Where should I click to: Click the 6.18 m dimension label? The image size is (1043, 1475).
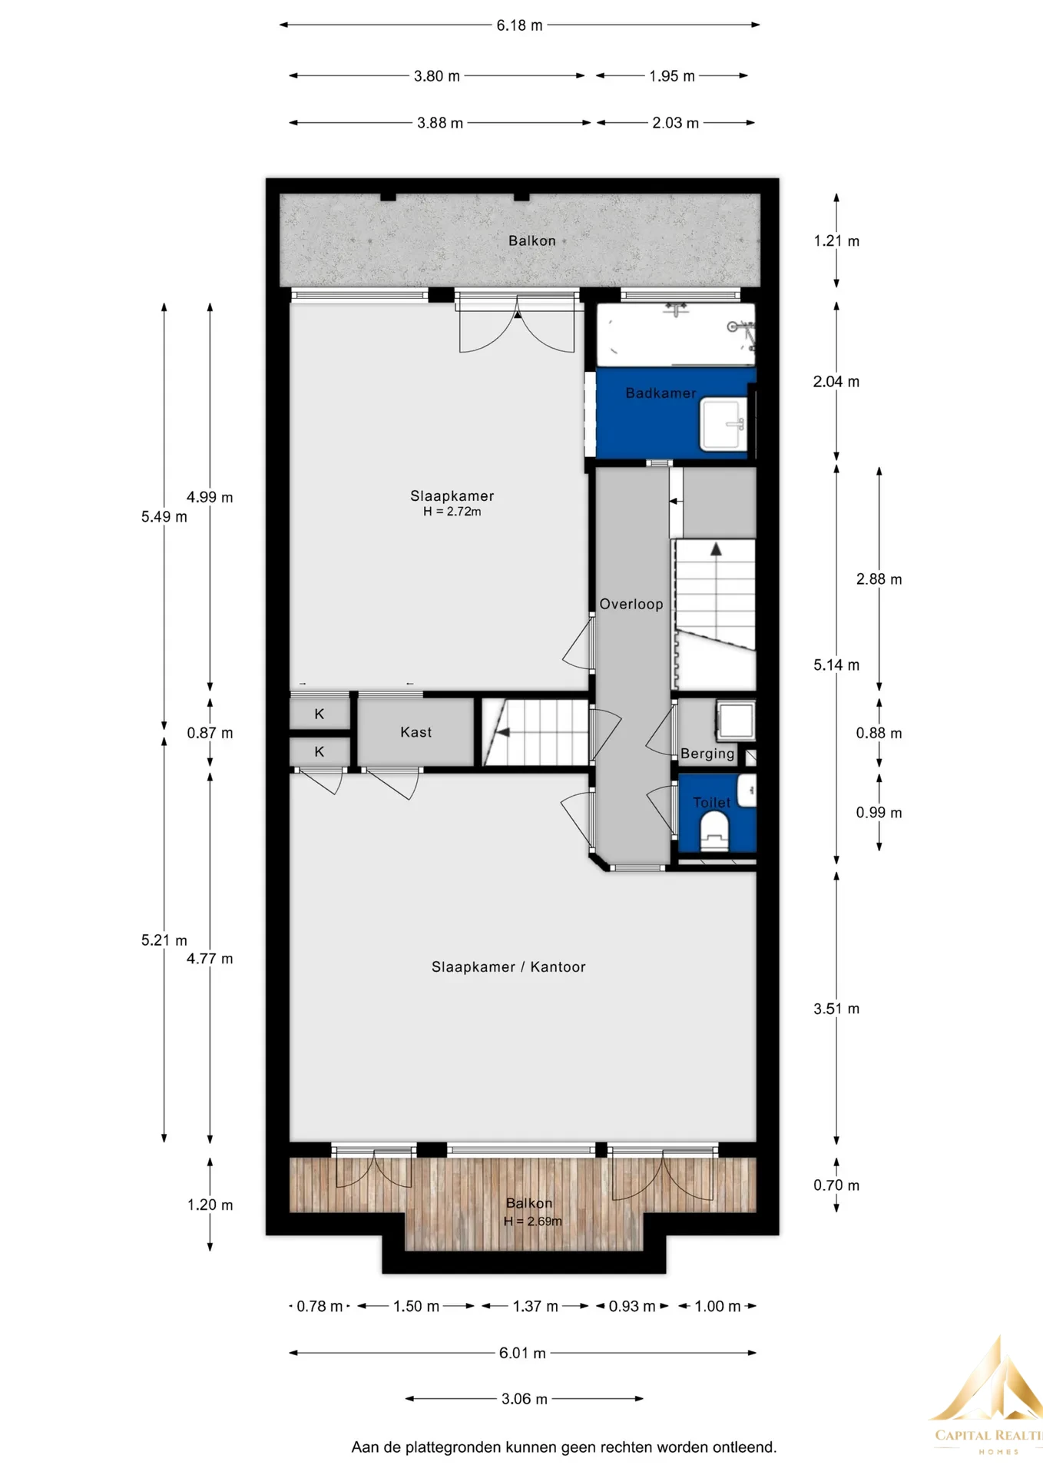point(519,25)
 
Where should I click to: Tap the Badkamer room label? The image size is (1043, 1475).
point(661,393)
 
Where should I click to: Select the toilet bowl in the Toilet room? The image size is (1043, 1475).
point(714,831)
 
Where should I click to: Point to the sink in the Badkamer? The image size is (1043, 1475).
point(723,424)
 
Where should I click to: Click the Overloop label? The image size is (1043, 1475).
point(631,605)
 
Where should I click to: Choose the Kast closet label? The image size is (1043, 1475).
point(416,733)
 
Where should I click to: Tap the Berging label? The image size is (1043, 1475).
point(707,754)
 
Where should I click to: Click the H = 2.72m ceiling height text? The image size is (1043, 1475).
point(452,512)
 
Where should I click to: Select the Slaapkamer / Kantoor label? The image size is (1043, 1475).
point(508,967)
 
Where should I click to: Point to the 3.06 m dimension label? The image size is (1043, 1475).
point(525,1399)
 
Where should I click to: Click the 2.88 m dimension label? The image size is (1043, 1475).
point(879,579)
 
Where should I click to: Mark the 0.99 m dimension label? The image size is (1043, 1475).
point(879,813)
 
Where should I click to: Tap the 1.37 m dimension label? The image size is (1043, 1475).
point(535,1306)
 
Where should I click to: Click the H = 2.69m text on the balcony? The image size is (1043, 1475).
point(533,1221)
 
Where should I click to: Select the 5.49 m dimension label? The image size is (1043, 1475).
point(164,517)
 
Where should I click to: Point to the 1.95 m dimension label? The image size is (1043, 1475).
point(672,76)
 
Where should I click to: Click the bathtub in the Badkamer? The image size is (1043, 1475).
point(676,334)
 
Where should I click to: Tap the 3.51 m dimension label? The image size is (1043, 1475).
point(836,1009)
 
